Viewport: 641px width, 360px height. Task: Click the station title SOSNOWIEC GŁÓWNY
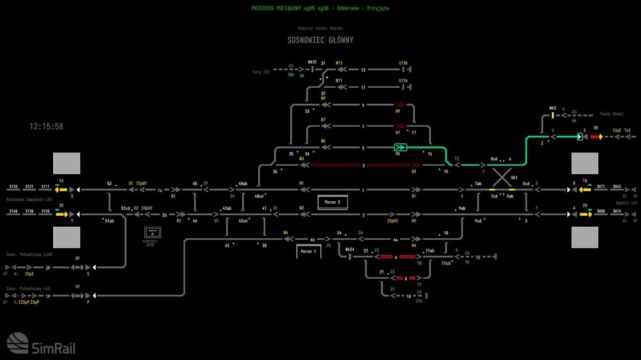coord(320,40)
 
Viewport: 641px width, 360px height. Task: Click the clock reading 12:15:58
coord(46,127)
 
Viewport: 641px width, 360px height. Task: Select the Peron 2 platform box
coord(332,202)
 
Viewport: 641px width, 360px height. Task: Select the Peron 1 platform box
coord(308,252)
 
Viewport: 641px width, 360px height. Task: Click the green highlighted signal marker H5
coord(401,147)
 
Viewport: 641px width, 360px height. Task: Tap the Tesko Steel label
coord(611,113)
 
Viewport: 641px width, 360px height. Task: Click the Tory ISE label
coord(261,72)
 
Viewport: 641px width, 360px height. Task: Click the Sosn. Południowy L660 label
coord(29,254)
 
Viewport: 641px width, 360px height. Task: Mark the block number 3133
coord(13,186)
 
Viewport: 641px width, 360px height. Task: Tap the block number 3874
coord(617,211)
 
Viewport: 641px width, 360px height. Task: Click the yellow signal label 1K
coord(62,181)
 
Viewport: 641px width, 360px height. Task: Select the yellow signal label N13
coord(339,63)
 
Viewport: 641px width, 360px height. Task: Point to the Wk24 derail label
coord(350,249)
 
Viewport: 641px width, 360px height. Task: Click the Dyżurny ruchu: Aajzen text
coord(320,29)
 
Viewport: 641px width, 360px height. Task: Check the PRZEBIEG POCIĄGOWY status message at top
coord(320,8)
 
